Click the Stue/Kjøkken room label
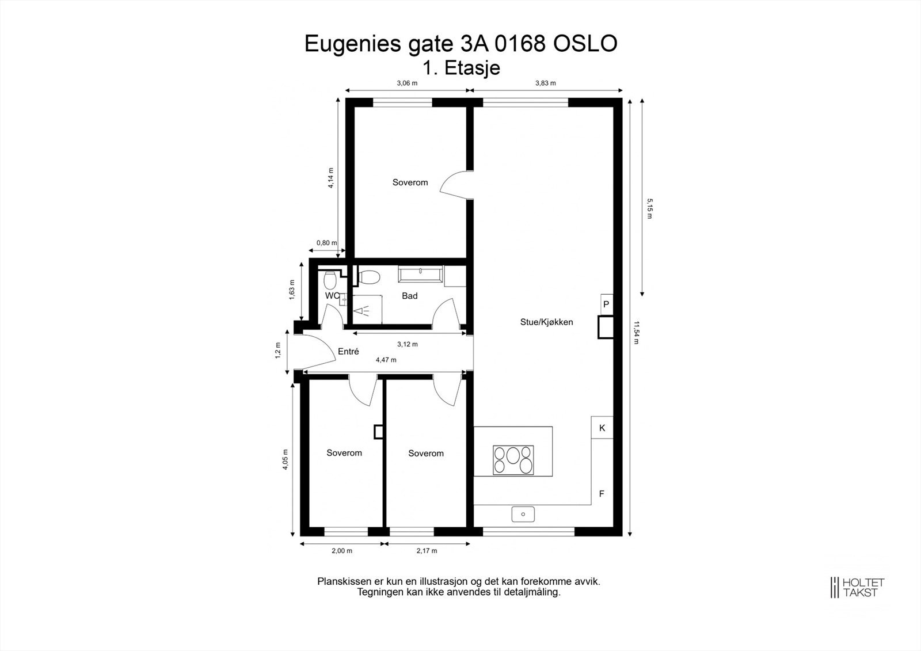tap(546, 322)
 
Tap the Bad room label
tap(409, 296)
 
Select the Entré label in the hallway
tap(348, 351)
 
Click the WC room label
tap(332, 296)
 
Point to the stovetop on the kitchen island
tap(513, 460)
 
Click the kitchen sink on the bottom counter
tap(523, 514)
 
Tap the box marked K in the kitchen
tap(602, 428)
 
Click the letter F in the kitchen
tap(602, 494)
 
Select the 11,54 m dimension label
tap(636, 332)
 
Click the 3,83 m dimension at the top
tap(545, 83)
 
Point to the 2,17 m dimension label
tap(427, 551)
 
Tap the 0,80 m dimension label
tap(326, 243)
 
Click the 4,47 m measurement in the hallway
tap(386, 360)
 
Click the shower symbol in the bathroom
tap(363, 311)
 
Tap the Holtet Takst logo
tap(857, 587)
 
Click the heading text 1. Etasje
tap(461, 68)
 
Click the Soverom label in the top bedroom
tap(410, 182)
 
